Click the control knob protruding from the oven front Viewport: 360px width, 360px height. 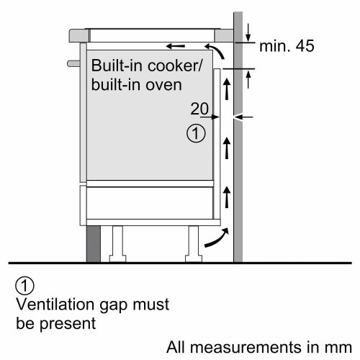(73, 63)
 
